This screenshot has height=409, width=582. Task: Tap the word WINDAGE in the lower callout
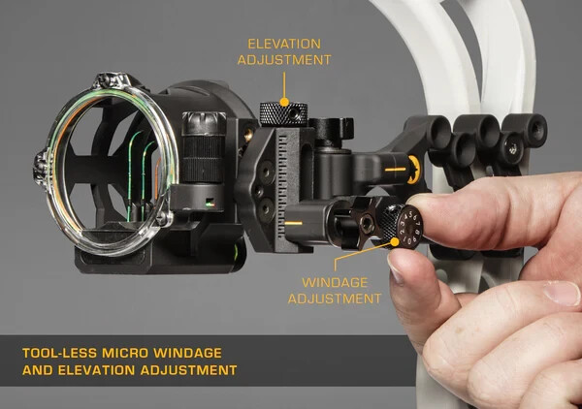[334, 282]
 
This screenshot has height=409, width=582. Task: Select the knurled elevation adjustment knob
[283, 113]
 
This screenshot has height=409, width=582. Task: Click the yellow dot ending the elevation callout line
[284, 100]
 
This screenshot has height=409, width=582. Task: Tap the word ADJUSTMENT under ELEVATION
[289, 60]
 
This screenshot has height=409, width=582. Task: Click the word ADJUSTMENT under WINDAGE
[335, 299]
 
